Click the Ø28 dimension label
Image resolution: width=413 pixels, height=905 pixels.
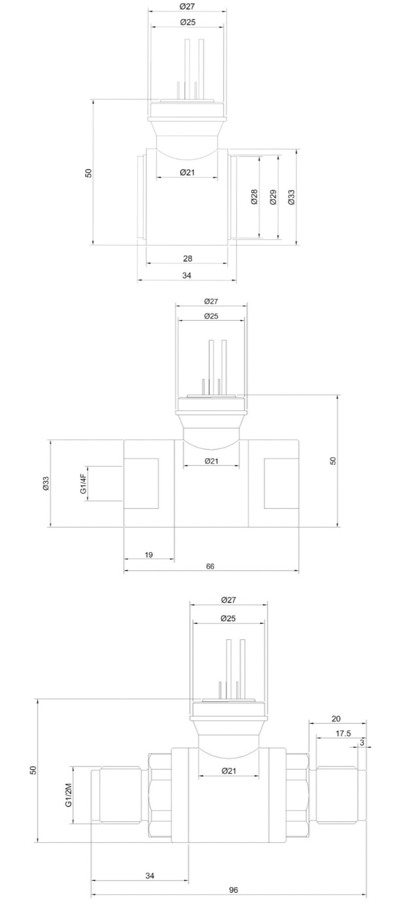(x=254, y=196)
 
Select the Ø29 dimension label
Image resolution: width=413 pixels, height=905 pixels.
(x=273, y=197)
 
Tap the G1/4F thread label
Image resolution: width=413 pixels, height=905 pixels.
(x=84, y=484)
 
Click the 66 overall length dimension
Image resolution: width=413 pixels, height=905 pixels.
(x=210, y=566)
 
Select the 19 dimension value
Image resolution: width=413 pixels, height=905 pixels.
(x=149, y=554)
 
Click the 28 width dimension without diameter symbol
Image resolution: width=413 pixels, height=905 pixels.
(x=187, y=258)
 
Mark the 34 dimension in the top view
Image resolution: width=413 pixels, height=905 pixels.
(x=186, y=275)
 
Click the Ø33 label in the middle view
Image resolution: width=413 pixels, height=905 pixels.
(x=45, y=483)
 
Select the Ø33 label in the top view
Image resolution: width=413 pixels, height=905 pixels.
(x=292, y=197)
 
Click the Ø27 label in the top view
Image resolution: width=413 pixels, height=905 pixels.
(x=187, y=6)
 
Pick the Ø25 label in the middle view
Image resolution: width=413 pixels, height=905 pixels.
(x=211, y=316)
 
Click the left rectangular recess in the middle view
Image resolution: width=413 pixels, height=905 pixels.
(x=141, y=483)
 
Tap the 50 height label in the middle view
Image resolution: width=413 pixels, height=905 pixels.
(x=333, y=461)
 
